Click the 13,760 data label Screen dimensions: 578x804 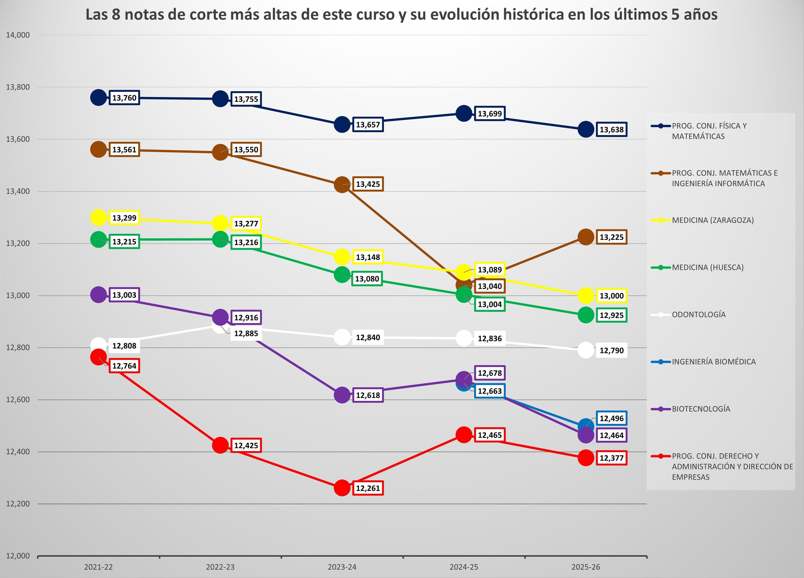(124, 98)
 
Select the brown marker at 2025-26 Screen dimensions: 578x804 (586, 237)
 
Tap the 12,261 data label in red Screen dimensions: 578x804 (368, 488)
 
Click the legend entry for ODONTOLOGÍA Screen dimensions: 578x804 (699, 315)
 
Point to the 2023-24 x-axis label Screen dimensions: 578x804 (342, 567)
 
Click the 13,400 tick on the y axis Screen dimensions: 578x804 (18, 192)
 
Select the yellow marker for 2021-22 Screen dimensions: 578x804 (98, 218)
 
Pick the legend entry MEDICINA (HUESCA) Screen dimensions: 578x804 (708, 268)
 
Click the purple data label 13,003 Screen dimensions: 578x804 (124, 295)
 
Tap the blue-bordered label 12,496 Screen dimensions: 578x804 (611, 419)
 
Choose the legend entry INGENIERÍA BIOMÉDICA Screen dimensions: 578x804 (714, 362)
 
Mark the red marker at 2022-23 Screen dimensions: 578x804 (220, 445)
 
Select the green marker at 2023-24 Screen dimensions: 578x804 (342, 275)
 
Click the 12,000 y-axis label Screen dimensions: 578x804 (18, 556)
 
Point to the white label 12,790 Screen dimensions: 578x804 (611, 351)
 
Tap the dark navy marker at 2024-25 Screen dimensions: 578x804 (464, 113)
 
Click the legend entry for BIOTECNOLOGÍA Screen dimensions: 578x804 (701, 409)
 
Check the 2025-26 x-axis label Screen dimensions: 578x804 (586, 567)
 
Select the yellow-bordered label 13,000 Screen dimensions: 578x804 (611, 296)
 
